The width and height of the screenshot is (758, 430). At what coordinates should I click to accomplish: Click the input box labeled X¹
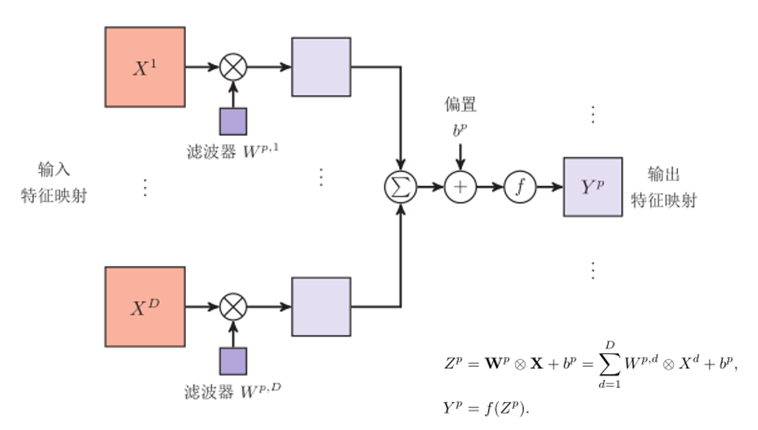(145, 67)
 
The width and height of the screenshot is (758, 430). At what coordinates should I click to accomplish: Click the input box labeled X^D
(145, 306)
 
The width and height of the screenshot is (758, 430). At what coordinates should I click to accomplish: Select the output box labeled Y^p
(593, 187)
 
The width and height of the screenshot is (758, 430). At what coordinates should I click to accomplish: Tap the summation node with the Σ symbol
(400, 187)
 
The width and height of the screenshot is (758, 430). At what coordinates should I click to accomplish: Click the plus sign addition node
(460, 187)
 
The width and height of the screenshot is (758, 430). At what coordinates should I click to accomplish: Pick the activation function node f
(520, 187)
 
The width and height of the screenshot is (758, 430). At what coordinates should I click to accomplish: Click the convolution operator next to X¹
(233, 67)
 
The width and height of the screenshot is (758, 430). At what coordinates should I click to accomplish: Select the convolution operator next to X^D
(233, 306)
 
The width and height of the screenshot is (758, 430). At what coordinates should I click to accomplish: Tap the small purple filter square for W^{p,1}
(233, 121)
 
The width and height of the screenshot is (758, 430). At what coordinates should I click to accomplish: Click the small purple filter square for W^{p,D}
(233, 361)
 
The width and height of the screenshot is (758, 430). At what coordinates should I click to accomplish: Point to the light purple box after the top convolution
(321, 67)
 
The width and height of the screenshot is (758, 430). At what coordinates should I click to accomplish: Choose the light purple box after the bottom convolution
(321, 306)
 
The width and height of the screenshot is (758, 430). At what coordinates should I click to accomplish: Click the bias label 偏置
(460, 105)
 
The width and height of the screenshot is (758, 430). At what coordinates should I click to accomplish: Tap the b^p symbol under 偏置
(460, 131)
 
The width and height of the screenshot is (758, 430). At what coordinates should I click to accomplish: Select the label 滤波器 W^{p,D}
(233, 391)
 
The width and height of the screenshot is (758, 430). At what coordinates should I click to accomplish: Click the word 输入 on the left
(54, 170)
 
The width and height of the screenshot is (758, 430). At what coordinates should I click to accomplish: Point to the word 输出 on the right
(664, 174)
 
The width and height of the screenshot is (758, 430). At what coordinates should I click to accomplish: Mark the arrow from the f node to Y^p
(550, 187)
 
